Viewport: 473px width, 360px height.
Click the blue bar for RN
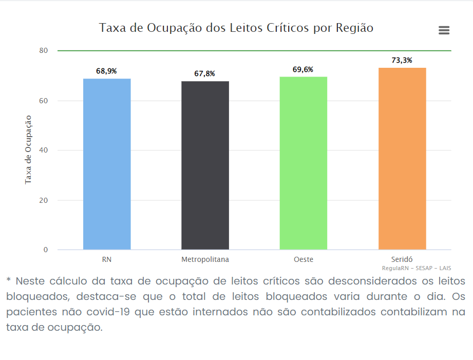(107, 164)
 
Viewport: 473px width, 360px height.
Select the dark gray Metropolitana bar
(205, 165)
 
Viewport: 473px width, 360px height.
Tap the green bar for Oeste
(303, 163)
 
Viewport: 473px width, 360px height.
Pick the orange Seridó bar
(402, 159)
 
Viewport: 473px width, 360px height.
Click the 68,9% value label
(107, 71)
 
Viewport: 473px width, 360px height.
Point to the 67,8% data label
(205, 74)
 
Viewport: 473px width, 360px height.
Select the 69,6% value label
(303, 69)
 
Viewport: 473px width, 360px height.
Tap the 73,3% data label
(402, 61)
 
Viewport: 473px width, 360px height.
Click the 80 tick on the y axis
(43, 51)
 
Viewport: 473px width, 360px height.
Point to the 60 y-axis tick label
(43, 101)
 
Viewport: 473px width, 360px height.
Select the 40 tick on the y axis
(43, 150)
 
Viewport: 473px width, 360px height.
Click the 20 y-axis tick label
(43, 200)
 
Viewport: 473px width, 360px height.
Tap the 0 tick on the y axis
(45, 250)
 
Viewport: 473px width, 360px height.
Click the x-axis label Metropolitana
(205, 260)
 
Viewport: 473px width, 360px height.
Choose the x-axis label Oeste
(303, 260)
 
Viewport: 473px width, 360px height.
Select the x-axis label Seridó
(402, 260)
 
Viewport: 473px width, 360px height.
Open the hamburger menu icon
(444, 30)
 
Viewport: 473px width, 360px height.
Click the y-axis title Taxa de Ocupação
(28, 149)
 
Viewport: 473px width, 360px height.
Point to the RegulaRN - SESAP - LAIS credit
(417, 269)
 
